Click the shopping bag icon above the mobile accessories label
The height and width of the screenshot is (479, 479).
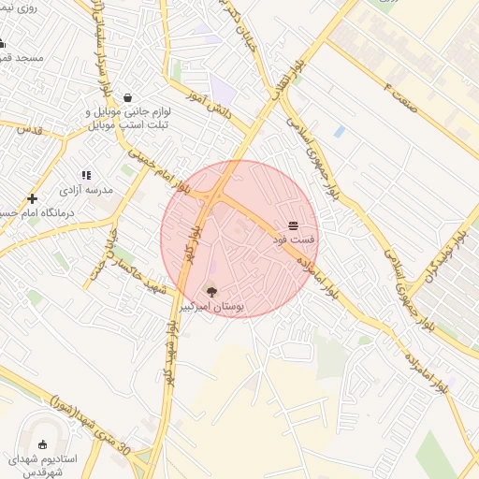(127, 96)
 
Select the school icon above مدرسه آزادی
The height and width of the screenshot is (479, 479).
(86, 174)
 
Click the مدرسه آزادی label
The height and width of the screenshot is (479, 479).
(86, 190)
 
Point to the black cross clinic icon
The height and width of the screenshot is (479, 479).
(33, 198)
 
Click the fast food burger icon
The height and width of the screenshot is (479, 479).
(294, 225)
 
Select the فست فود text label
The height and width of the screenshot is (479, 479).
(294, 240)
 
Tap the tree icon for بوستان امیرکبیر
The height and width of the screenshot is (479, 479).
(210, 291)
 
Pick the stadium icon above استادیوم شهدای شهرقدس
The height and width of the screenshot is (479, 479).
(43, 444)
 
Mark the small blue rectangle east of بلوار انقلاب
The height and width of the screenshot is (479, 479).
(338, 132)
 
